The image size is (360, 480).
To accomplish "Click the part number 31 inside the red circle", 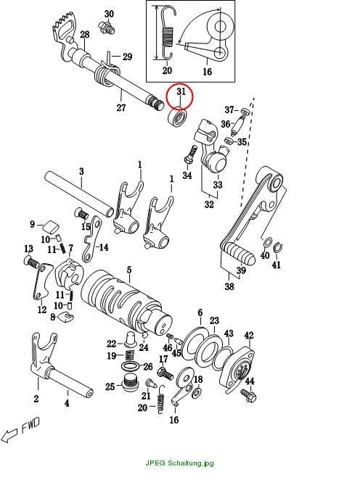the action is click(181, 92).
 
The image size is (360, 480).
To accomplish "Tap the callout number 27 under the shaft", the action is click(121, 108).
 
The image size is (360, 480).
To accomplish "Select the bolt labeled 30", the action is click(107, 27).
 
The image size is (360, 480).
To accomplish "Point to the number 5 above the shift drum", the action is click(129, 270).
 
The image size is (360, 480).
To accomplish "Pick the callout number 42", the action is click(249, 336).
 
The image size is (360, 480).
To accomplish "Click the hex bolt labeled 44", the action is click(248, 395).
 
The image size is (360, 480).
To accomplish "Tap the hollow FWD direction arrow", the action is click(9, 435).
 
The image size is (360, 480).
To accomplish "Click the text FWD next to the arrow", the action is click(30, 425).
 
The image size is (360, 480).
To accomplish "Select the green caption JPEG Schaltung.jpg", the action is click(179, 463).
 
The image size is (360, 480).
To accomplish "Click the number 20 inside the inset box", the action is click(167, 71).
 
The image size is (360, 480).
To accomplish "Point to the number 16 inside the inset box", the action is click(208, 72).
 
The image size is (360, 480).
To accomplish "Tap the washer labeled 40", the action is click(267, 242).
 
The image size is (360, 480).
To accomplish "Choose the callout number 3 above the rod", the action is click(81, 171).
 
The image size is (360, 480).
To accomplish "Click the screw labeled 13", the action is click(31, 262).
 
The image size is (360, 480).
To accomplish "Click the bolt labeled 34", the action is click(190, 155).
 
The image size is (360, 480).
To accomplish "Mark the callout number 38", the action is click(229, 286).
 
